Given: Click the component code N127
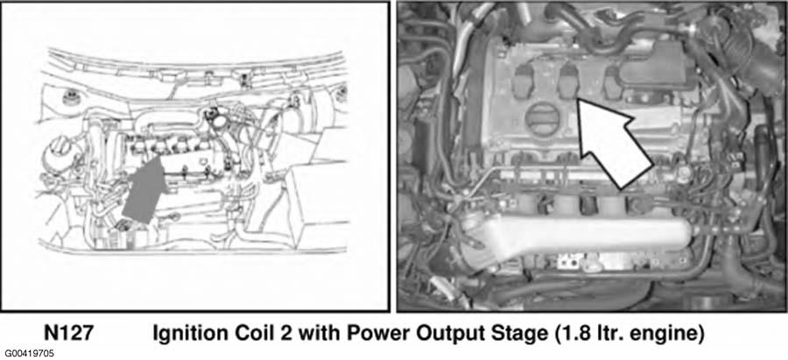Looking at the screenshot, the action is click(x=68, y=334).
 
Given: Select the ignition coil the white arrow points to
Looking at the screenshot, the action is click(x=568, y=81).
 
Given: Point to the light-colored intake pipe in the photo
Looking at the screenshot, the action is click(x=578, y=236).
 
